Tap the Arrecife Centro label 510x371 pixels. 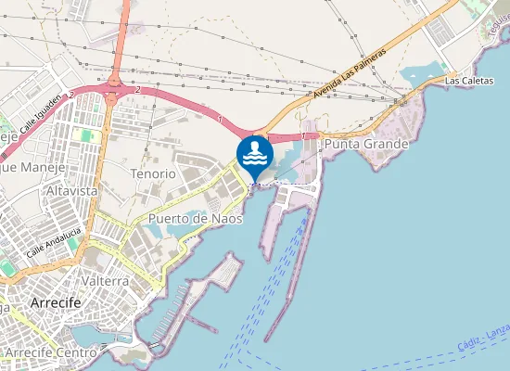coord(51,353)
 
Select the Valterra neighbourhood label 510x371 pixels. coord(105,280)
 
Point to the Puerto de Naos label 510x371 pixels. coord(195,219)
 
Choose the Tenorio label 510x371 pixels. coord(153,173)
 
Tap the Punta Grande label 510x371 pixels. coord(366,146)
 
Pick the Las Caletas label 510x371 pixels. coord(466,82)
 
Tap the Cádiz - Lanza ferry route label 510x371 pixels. coord(483,339)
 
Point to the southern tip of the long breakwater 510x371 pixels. coord(266,339)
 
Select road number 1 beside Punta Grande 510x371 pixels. coord(303,136)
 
